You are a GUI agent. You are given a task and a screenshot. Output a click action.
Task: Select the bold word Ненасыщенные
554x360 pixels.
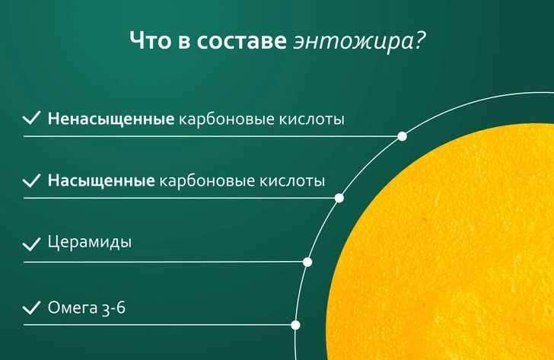pyautogui.click(x=111, y=119)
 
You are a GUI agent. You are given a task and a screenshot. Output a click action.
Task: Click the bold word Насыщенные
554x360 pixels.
pyautogui.click(x=101, y=180)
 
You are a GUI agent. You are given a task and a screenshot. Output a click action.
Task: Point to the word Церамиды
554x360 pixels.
pyautogui.click(x=89, y=243)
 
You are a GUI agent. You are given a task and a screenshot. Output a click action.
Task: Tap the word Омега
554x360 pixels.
pyautogui.click(x=72, y=307)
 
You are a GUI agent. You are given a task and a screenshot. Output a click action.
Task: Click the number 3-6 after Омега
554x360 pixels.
pyautogui.click(x=113, y=307)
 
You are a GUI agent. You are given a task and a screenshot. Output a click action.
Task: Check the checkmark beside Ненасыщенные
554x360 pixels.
pyautogui.click(x=31, y=118)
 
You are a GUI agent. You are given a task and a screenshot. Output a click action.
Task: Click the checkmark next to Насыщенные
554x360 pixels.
pyautogui.click(x=31, y=180)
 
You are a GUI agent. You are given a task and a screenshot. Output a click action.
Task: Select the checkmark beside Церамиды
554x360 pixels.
pyautogui.click(x=31, y=244)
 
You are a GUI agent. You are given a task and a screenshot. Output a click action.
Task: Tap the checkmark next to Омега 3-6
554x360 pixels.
pyautogui.click(x=31, y=307)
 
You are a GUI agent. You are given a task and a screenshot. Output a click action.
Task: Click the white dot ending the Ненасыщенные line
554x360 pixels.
pyautogui.click(x=402, y=136)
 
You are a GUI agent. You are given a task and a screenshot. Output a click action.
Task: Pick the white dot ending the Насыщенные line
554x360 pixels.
pyautogui.click(x=339, y=198)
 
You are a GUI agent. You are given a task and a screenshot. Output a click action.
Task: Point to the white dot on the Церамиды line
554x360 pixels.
pyautogui.click(x=307, y=262)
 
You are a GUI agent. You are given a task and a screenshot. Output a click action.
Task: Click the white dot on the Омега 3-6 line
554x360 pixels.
pyautogui.click(x=295, y=325)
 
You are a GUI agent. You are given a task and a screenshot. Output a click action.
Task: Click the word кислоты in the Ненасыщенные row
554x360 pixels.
pyautogui.click(x=312, y=119)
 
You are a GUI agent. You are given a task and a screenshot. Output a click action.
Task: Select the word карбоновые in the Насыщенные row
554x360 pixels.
pyautogui.click(x=207, y=180)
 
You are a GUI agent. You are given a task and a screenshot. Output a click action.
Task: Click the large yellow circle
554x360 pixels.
pyautogui.click(x=445, y=247)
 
